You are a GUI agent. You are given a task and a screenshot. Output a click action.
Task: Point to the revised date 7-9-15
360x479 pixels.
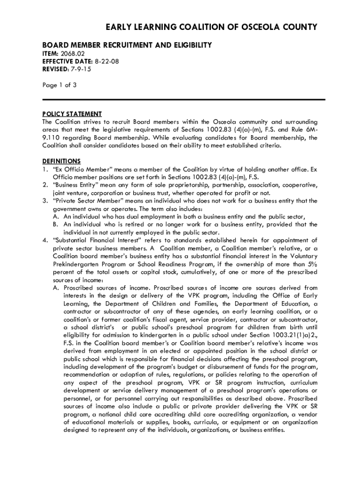tap(80, 68)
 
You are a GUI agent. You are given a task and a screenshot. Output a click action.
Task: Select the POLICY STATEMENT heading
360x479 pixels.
tap(72, 114)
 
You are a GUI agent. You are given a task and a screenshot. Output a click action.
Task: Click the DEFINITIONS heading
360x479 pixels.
tap(61, 161)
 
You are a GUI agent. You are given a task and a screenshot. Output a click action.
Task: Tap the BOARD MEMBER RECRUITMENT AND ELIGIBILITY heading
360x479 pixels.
tap(127, 45)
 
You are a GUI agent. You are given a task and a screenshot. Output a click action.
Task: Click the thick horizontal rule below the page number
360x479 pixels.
tap(183, 99)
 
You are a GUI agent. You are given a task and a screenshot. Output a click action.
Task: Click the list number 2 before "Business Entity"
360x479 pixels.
tap(44, 185)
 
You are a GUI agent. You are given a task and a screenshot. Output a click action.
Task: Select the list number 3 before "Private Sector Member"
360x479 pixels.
tap(44, 201)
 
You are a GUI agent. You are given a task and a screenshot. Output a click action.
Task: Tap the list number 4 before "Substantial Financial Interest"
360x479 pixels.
tap(44, 240)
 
